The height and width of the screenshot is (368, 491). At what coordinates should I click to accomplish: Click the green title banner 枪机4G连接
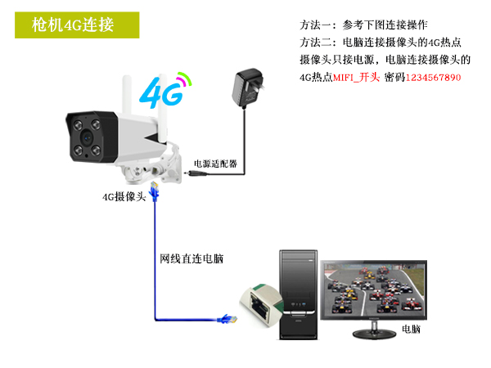click(77, 25)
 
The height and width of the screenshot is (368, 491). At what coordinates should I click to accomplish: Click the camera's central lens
click(87, 137)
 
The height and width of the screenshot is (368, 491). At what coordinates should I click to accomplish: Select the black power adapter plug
click(247, 87)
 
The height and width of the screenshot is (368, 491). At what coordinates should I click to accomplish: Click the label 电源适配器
click(215, 164)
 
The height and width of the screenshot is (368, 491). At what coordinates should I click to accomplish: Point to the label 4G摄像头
click(124, 197)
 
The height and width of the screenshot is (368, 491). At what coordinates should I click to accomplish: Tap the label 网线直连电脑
click(191, 258)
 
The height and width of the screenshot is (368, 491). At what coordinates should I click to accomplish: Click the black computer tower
click(299, 294)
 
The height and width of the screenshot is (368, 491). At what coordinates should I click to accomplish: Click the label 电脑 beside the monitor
click(411, 330)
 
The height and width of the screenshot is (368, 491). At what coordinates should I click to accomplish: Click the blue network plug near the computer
click(227, 319)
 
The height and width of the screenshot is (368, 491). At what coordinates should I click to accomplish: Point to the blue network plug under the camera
click(155, 191)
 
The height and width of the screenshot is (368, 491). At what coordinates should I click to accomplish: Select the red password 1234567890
click(433, 78)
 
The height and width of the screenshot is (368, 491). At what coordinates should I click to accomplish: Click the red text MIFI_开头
click(356, 78)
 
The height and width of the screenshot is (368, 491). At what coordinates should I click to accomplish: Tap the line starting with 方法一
click(363, 25)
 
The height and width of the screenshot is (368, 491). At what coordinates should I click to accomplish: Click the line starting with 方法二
click(381, 43)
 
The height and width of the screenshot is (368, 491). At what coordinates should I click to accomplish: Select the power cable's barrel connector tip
click(187, 173)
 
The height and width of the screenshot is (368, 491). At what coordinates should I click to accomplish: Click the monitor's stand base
click(374, 334)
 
